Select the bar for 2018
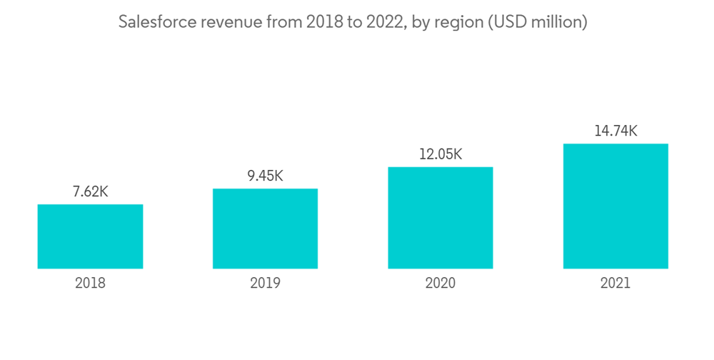90,236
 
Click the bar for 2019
265,229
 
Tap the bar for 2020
441,218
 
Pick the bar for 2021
615,206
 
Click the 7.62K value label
90,192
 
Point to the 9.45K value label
265,176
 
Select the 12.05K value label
441,154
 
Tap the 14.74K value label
615,131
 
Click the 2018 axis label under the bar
90,283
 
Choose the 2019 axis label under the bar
265,283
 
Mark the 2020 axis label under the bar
441,283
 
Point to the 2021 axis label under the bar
615,283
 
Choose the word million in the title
560,23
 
